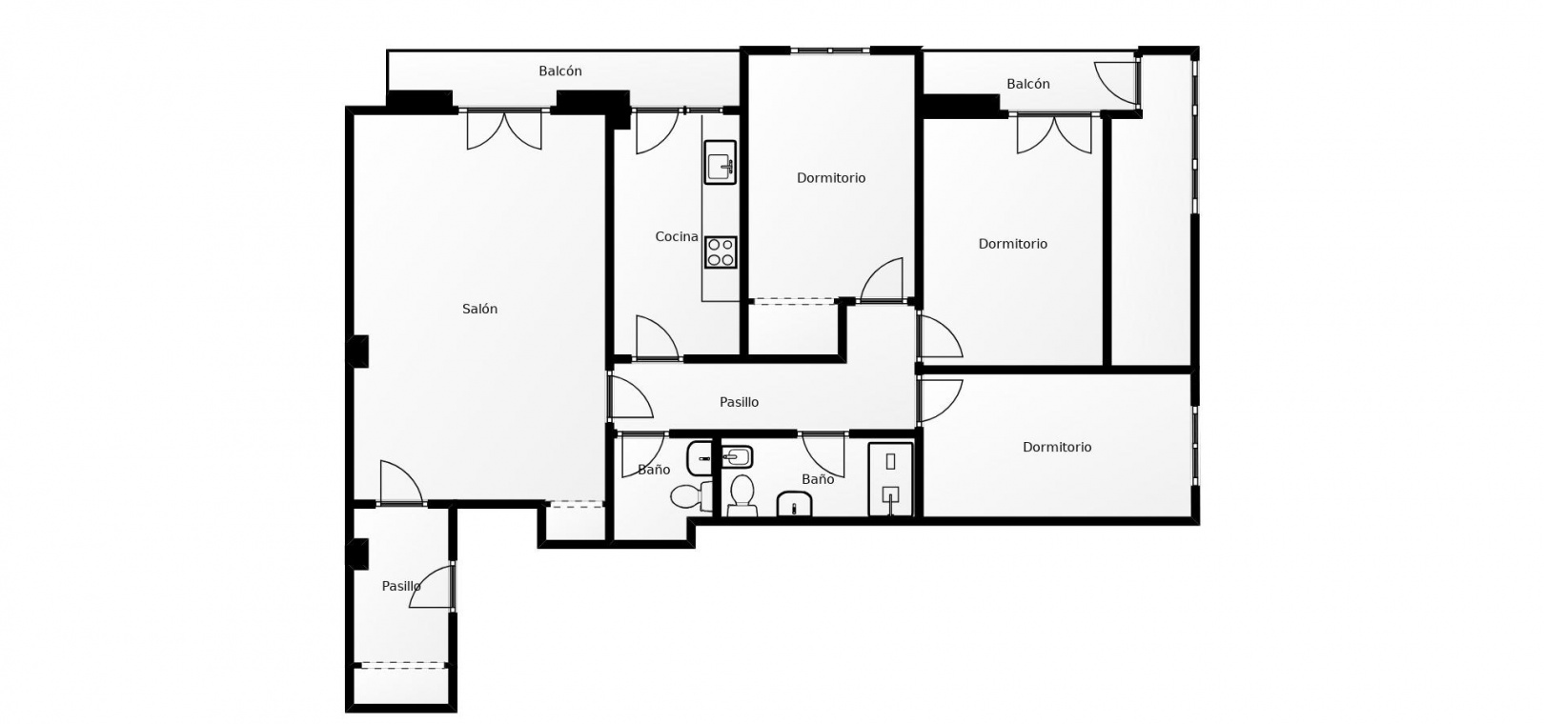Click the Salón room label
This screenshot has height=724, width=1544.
(479, 310)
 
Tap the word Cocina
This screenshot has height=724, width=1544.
(676, 237)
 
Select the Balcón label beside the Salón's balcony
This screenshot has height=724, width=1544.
(560, 70)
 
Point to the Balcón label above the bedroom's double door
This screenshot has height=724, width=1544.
(1027, 84)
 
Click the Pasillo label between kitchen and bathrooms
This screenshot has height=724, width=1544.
(739, 402)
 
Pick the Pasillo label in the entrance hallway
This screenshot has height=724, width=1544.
(401, 586)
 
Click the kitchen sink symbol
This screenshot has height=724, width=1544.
(721, 163)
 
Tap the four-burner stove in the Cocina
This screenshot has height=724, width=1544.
(721, 252)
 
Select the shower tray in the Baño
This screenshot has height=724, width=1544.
(890, 479)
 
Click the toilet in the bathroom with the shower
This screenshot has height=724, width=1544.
(742, 494)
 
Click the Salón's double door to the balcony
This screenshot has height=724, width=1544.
(504, 131)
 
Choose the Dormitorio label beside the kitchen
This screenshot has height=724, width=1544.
(830, 178)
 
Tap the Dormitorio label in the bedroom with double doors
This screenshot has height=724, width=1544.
(1012, 244)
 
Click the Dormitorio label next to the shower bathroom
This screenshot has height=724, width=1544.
(1057, 447)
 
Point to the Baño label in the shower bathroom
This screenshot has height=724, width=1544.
(818, 479)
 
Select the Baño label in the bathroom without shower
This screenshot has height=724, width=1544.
(654, 470)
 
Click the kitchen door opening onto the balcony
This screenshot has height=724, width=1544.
(657, 131)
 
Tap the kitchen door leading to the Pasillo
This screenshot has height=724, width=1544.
(657, 337)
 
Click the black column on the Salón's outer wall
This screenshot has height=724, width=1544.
(357, 352)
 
